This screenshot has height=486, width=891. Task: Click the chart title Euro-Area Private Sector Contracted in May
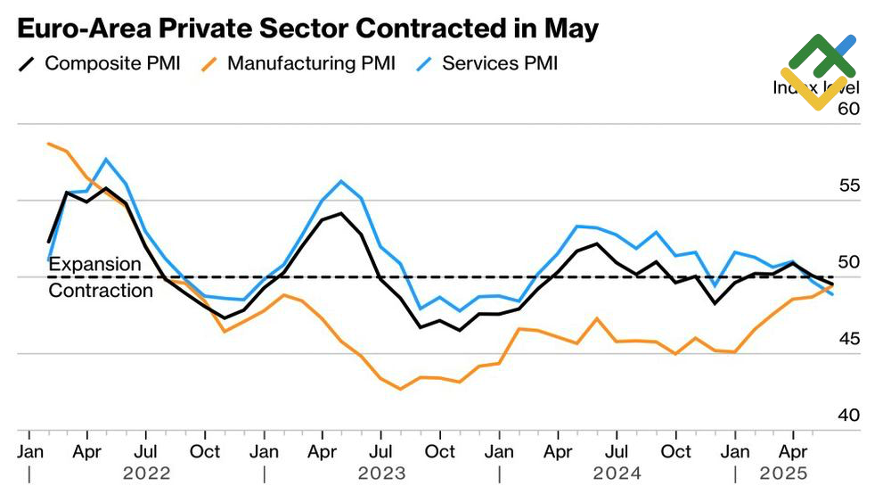pyautogui.click(x=308, y=28)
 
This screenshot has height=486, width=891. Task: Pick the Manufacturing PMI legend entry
pyautogui.click(x=311, y=63)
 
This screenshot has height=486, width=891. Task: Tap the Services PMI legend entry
pyautogui.click(x=500, y=63)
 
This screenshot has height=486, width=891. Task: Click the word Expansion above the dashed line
pyautogui.click(x=94, y=264)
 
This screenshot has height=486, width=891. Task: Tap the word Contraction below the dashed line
pyautogui.click(x=101, y=291)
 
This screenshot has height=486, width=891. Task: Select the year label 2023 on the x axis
pyautogui.click(x=381, y=473)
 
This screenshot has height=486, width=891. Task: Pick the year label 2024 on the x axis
pyautogui.click(x=617, y=473)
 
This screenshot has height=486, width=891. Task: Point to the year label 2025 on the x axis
pyautogui.click(x=781, y=473)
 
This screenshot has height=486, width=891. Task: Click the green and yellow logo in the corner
pyautogui.click(x=818, y=71)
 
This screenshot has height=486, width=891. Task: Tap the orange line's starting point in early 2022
pyautogui.click(x=48, y=144)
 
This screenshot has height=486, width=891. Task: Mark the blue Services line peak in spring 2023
pyautogui.click(x=341, y=181)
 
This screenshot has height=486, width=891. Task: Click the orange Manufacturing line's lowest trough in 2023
pyautogui.click(x=400, y=389)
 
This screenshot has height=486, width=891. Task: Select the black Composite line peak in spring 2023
pyautogui.click(x=341, y=213)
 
